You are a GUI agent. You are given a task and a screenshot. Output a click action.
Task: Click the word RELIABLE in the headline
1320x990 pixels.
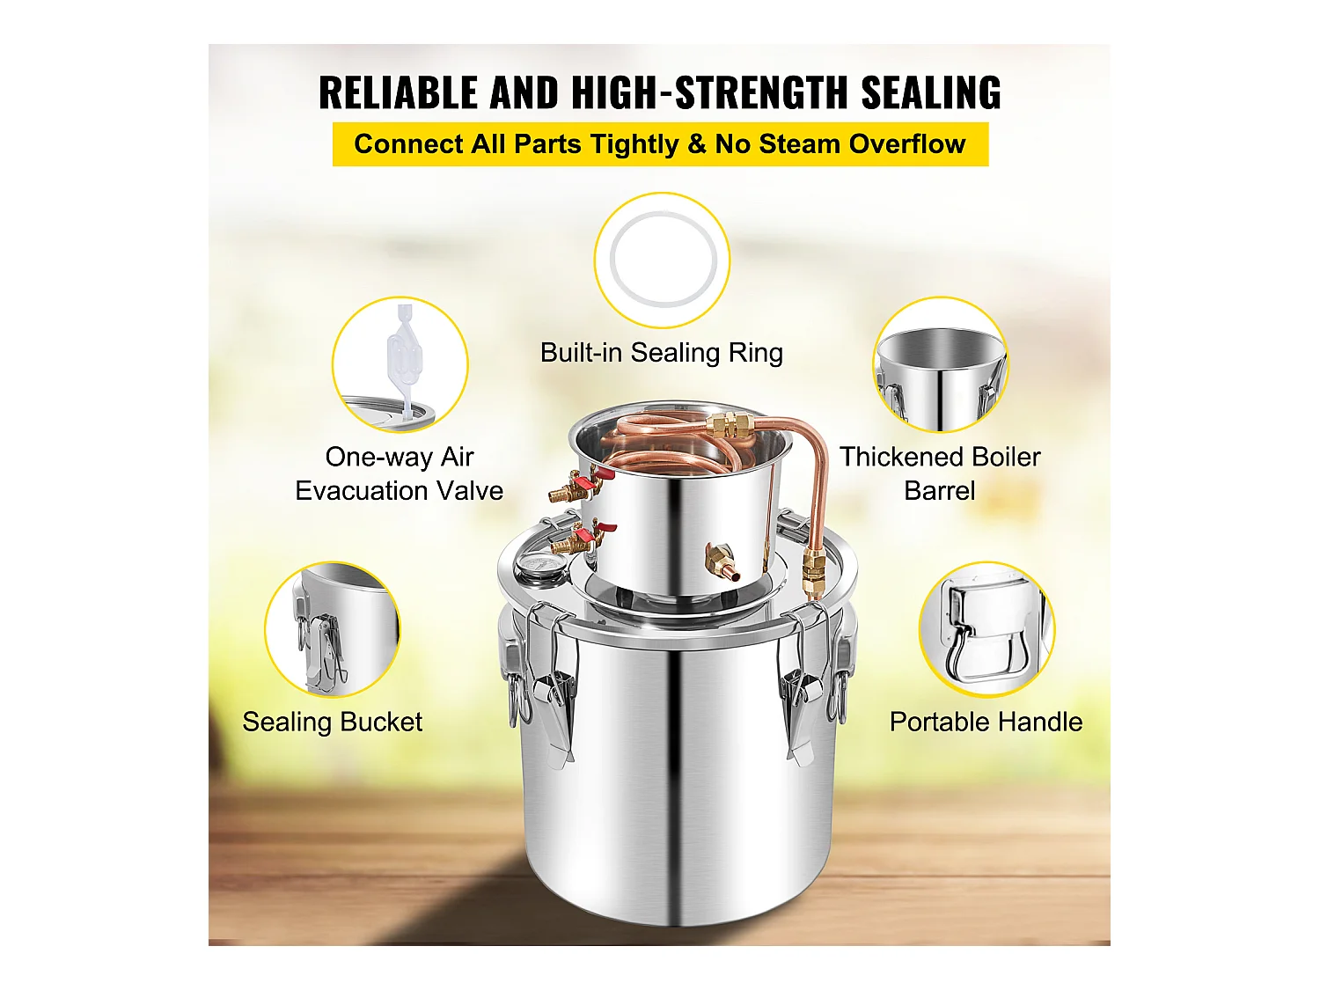tap(398, 93)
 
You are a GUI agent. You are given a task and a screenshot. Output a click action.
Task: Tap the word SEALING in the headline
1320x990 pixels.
tap(931, 93)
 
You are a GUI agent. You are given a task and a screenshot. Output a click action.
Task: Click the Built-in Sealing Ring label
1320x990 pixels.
tap(662, 352)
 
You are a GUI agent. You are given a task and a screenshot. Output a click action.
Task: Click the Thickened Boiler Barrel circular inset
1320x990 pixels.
tap(941, 364)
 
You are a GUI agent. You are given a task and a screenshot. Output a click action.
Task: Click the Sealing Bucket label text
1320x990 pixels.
tap(332, 722)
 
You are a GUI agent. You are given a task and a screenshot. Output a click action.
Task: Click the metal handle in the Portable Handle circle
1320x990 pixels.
tap(986, 636)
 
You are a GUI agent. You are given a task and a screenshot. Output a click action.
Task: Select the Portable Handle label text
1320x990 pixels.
tap(986, 722)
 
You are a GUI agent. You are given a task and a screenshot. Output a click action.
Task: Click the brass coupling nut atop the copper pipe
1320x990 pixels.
tap(729, 425)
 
